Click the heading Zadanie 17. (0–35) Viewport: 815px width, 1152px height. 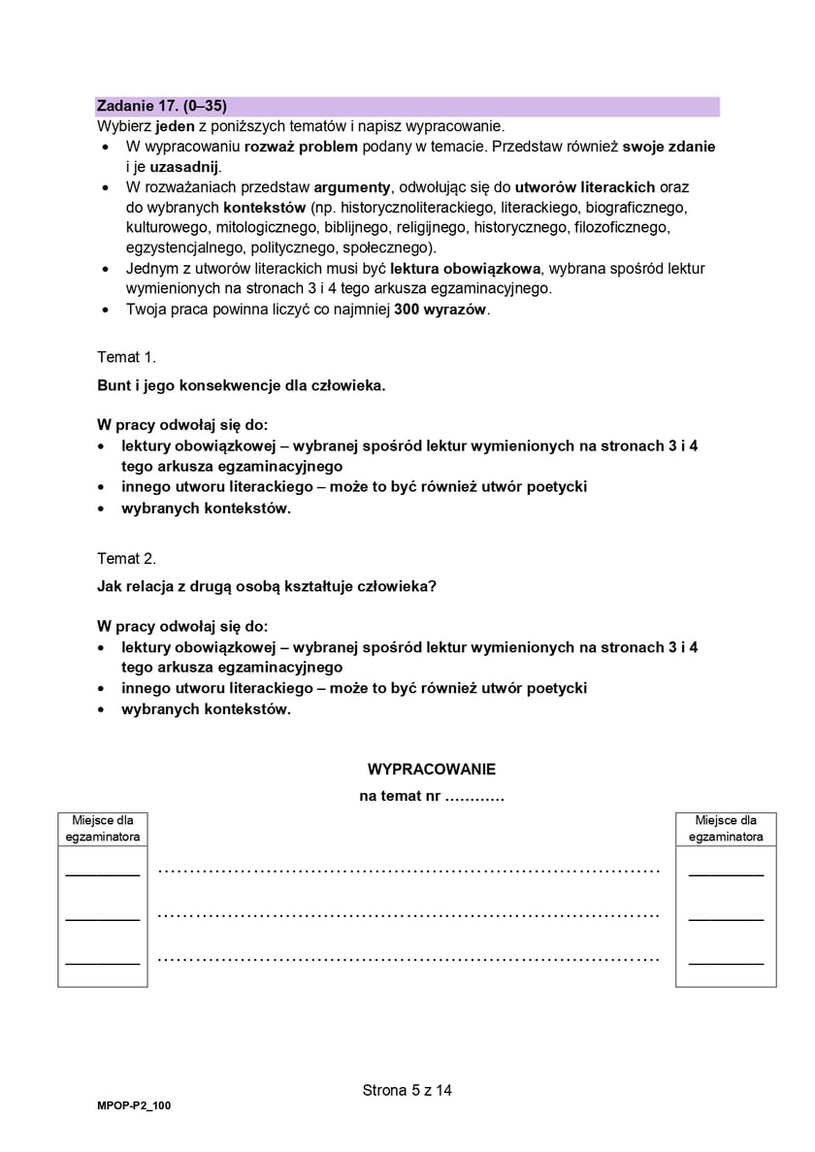[x=162, y=106]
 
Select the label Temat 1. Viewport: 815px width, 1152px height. [x=126, y=357]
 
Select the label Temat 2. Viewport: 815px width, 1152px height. [x=126, y=559]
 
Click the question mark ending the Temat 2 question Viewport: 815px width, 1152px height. [x=434, y=586]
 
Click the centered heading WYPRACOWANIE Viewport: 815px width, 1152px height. [x=431, y=769]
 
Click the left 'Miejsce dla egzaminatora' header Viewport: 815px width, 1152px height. [x=102, y=828]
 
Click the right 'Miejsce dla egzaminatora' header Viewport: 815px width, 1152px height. [x=726, y=828]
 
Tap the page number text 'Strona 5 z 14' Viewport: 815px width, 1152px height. [x=407, y=1090]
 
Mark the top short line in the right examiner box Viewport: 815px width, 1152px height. [x=726, y=874]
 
